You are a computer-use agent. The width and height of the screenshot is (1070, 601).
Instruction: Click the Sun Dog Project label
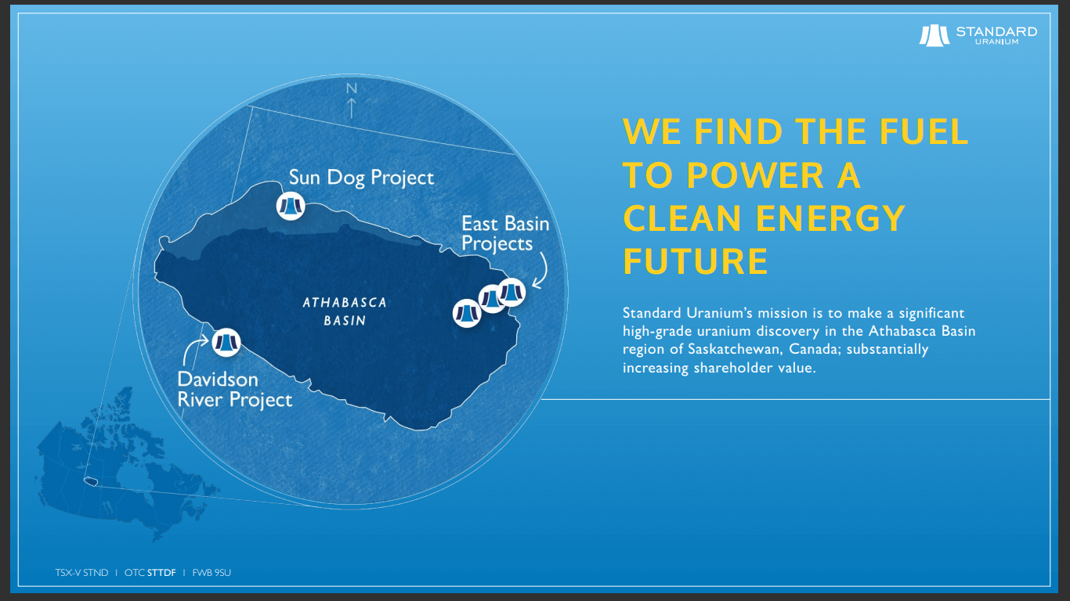(361, 178)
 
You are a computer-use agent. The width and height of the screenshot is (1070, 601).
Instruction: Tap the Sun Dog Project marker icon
(291, 206)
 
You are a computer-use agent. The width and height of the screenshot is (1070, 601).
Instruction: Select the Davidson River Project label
(234, 390)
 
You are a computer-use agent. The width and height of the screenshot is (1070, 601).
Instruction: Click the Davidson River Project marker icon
(226, 342)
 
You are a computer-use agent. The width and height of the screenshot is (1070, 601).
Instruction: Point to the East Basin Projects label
(504, 233)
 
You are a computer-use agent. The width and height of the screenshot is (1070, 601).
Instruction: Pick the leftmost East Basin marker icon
(467, 313)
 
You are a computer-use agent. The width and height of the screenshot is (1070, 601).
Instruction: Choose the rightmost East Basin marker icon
(512, 292)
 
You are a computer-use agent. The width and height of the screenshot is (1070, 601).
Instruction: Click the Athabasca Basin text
(345, 311)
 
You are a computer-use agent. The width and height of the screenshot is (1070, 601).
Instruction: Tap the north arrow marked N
(352, 99)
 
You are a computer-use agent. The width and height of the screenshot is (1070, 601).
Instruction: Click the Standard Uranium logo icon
(934, 35)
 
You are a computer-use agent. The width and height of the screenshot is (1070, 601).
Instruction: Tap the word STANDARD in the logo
(996, 31)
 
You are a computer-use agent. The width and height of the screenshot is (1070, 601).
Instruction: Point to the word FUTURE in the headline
(695, 261)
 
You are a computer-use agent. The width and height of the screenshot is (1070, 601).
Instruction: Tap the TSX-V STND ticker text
(81, 573)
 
